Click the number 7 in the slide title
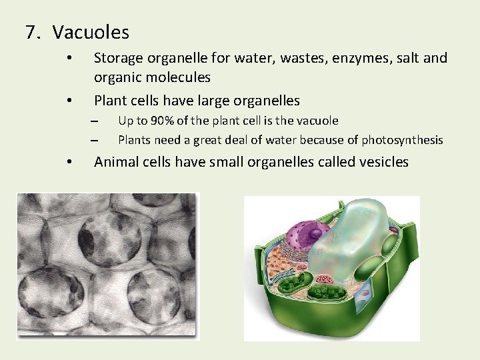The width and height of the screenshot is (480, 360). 30,31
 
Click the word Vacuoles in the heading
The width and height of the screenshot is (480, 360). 91,31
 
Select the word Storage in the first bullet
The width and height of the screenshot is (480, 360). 117,58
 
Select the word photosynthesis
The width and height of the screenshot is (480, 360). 403,139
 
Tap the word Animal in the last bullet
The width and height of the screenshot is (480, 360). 116,161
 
